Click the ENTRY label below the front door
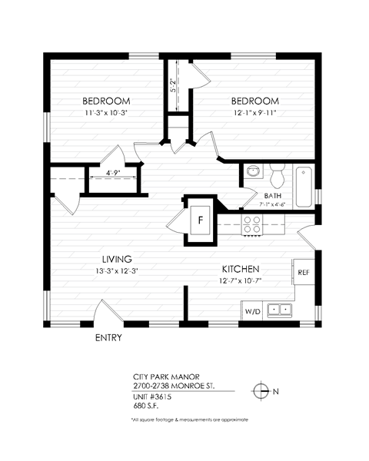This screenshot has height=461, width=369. [x=108, y=337]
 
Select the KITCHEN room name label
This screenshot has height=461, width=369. [x=240, y=269]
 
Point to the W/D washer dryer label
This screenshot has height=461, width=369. [x=253, y=311]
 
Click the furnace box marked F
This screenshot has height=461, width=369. [x=200, y=218]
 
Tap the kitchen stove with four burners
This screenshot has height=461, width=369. [x=252, y=224]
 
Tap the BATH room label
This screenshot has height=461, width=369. [x=273, y=195]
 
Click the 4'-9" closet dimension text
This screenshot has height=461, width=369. [x=112, y=172]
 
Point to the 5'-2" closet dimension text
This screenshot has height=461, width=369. [x=174, y=86]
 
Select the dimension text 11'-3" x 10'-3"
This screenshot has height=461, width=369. [x=105, y=113]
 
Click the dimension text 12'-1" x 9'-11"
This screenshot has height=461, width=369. [x=254, y=113]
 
